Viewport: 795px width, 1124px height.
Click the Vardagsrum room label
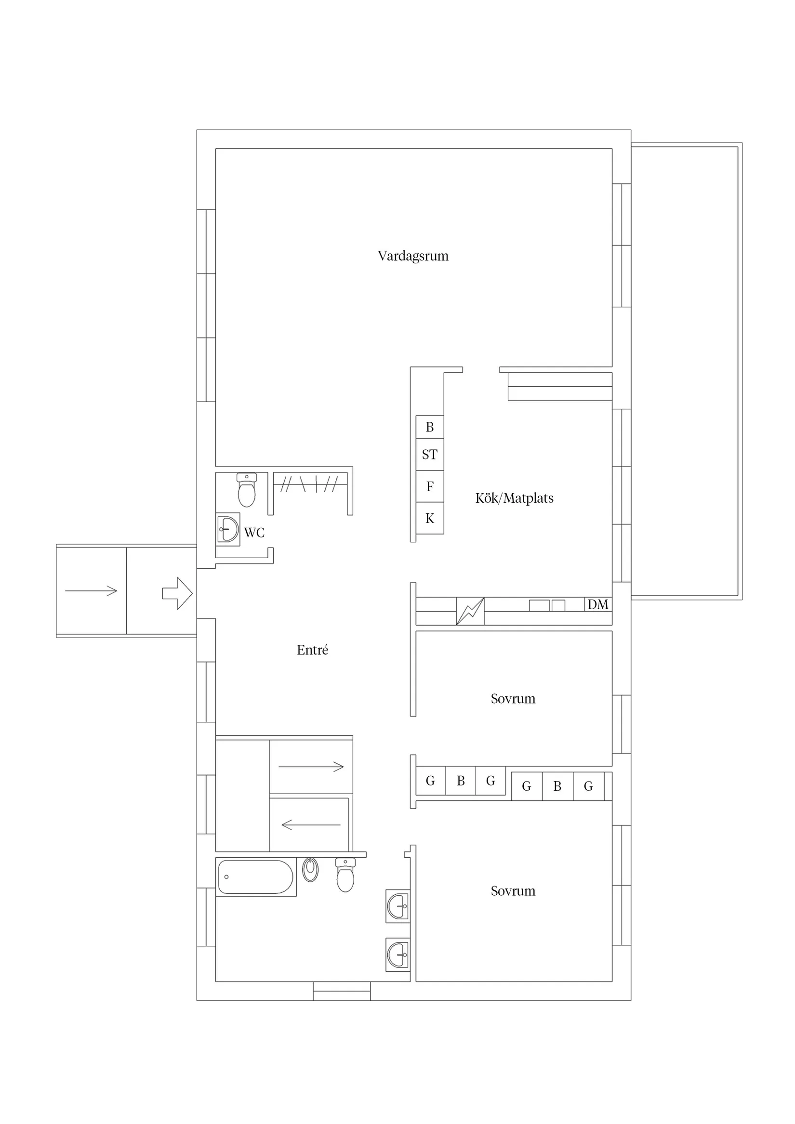pyautogui.click(x=413, y=256)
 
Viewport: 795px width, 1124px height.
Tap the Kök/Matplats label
pyautogui.click(x=514, y=498)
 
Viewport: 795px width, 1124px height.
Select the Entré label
pyautogui.click(x=312, y=650)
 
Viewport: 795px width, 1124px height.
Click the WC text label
pyautogui.click(x=254, y=533)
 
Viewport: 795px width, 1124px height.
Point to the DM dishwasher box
pyautogui.click(x=597, y=604)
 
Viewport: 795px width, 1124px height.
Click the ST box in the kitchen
pyautogui.click(x=430, y=455)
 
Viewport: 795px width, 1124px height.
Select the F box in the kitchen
pyautogui.click(x=430, y=486)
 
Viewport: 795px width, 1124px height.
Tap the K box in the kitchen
pyautogui.click(x=430, y=519)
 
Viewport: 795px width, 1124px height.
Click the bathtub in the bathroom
pyautogui.click(x=255, y=877)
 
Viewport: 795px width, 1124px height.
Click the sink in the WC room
pyautogui.click(x=228, y=530)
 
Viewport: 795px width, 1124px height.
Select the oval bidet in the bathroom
pyautogui.click(x=310, y=870)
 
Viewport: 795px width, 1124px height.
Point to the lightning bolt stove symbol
pyautogui.click(x=470, y=611)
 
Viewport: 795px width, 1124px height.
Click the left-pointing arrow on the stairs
pyautogui.click(x=311, y=825)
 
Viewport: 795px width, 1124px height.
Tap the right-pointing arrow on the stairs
pyautogui.click(x=311, y=767)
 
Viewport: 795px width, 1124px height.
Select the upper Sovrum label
pyautogui.click(x=513, y=699)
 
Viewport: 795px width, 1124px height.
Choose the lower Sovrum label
pyautogui.click(x=513, y=891)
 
